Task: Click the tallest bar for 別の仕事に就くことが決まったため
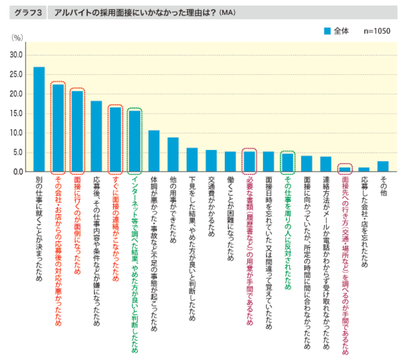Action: click(39, 119)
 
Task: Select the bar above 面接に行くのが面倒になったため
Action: click(77, 131)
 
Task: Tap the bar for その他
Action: click(383, 166)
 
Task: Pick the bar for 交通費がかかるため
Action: click(211, 160)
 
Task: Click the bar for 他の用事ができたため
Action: click(173, 154)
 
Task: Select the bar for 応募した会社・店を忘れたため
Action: click(364, 169)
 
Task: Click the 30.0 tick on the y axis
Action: click(17, 55)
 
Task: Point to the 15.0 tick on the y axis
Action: click(17, 113)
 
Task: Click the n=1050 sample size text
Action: click(376, 30)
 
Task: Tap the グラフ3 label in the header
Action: click(28, 11)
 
